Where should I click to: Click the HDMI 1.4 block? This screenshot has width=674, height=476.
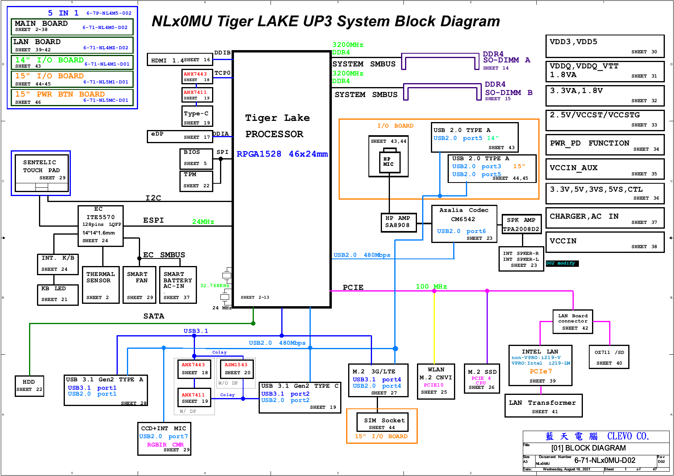[179, 60]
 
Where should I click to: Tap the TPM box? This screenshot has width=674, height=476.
[197, 181]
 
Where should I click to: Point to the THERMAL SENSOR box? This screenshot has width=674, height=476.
[101, 285]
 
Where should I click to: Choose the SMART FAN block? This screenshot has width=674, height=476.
[140, 285]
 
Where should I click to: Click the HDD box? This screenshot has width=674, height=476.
[29, 386]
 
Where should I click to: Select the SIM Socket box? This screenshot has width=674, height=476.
[382, 424]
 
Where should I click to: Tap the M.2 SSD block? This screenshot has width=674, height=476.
[482, 379]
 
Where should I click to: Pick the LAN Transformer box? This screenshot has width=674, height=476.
[543, 406]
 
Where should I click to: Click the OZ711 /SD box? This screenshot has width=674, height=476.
[609, 357]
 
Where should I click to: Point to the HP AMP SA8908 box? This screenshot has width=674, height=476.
[397, 221]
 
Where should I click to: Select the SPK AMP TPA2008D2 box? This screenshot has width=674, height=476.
[521, 224]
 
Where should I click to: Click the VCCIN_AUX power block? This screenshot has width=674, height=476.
[604, 169]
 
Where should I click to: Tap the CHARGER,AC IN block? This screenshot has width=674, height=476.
[604, 218]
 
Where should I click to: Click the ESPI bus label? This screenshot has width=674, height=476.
[153, 220]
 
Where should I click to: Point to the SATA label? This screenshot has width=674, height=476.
[154, 316]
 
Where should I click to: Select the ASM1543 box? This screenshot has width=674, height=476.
[237, 369]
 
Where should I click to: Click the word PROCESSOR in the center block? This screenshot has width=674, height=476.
[274, 134]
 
